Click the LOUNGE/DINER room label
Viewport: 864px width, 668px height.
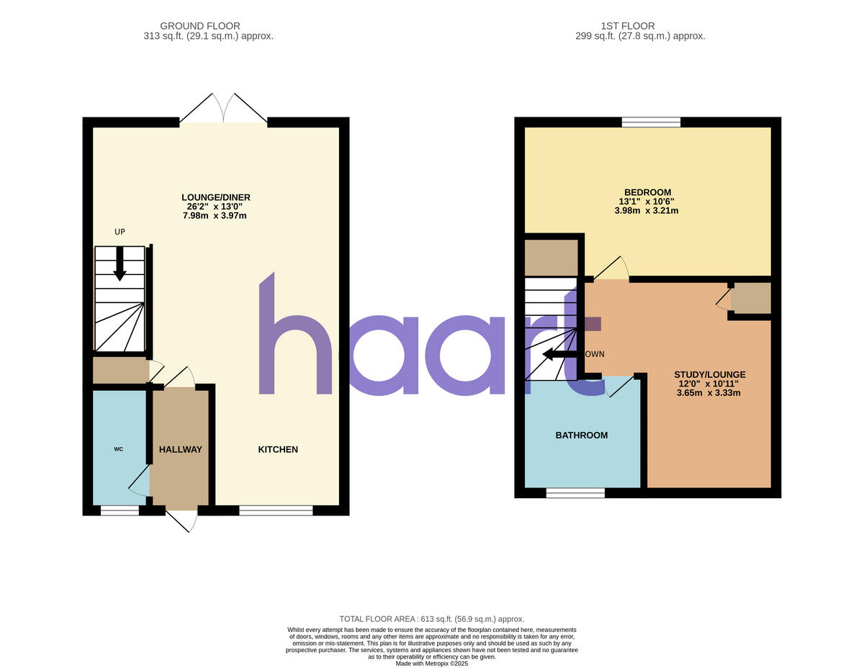216,197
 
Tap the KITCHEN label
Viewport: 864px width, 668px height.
278,449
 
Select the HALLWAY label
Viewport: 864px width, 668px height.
181,449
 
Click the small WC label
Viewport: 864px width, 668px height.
119,449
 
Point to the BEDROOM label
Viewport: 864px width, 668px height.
647,192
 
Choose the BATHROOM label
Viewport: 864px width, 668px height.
581,435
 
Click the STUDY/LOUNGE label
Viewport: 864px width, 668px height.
709,374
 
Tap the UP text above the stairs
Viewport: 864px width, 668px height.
120,232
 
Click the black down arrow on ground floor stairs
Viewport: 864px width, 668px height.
120,263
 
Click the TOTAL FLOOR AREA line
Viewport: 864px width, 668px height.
432,619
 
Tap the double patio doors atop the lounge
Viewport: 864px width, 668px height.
223,109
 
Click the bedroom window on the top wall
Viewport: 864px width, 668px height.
651,122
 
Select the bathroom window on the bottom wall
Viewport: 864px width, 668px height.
575,493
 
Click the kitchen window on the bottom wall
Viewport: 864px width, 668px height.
276,510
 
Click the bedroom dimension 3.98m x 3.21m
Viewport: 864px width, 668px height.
646,211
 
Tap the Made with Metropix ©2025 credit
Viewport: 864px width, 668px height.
432,663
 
